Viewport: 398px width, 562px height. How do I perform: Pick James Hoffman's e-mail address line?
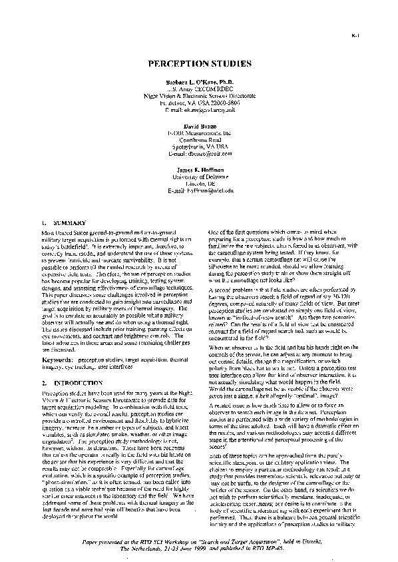point(199,190)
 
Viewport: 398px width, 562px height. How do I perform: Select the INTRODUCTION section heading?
point(59,384)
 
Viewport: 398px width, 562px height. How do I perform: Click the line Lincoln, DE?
point(199,184)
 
